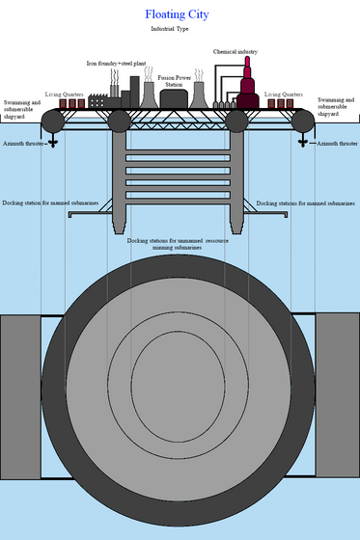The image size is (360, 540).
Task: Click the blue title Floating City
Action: coord(177,14)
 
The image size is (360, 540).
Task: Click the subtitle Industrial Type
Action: coord(170,29)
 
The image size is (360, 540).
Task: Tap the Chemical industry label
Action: coord(235,52)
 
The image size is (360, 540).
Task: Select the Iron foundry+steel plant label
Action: coord(116,64)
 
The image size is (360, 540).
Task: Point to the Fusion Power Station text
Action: coord(174,81)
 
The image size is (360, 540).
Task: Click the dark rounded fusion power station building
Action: coord(174,98)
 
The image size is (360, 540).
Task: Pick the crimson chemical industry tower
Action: coord(248,85)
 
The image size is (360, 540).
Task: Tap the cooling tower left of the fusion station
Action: coord(149,94)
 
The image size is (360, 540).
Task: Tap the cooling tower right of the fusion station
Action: coord(199,94)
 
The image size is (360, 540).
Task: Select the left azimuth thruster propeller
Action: coord(53,143)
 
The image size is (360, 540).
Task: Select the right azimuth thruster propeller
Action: coord(303,143)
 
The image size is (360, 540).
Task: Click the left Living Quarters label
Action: coord(64,94)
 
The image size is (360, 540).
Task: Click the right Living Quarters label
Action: coord(284,94)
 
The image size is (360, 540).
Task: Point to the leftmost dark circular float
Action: coord(53,121)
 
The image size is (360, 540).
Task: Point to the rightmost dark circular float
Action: coord(303,121)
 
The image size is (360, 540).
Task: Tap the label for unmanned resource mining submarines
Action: coord(178,244)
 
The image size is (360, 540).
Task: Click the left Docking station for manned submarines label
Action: coord(50,202)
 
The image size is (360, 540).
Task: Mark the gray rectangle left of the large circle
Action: coord(20,397)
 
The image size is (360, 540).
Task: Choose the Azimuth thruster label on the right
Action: coord(337,144)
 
